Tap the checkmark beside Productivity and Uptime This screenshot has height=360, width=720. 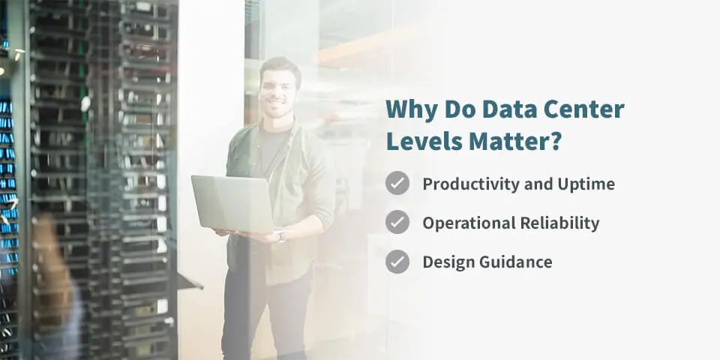(397, 183)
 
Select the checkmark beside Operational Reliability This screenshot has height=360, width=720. (397, 222)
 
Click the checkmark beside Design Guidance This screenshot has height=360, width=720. (397, 262)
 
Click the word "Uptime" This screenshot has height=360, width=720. (586, 184)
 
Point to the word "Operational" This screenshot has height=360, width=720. (469, 223)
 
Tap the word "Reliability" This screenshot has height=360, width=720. (559, 223)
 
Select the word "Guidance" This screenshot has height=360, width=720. (516, 262)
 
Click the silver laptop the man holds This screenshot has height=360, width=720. (232, 204)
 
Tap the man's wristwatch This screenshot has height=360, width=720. (280, 236)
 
